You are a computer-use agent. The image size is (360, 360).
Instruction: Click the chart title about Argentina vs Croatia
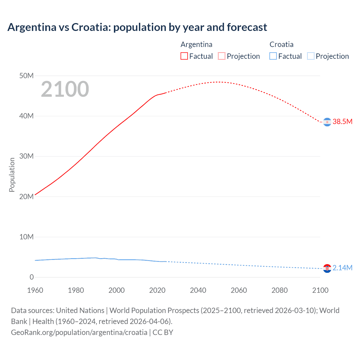pyautogui.click(x=137, y=27)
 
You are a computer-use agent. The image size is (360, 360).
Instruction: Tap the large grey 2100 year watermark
pyautogui.click(x=65, y=89)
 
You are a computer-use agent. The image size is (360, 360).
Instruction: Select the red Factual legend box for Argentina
pyautogui.click(x=184, y=56)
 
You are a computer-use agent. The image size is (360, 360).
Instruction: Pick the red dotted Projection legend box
pyautogui.click(x=222, y=56)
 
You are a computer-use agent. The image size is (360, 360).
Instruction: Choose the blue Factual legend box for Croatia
pyautogui.click(x=273, y=56)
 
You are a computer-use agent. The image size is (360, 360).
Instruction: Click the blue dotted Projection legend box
pyautogui.click(x=311, y=56)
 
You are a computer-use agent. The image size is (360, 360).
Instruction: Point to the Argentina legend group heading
pyautogui.click(x=196, y=44)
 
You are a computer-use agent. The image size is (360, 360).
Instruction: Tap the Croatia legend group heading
pyautogui.click(x=281, y=44)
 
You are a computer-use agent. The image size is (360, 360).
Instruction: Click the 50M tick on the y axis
pyautogui.click(x=26, y=76)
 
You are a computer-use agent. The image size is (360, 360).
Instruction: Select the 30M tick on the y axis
pyautogui.click(x=26, y=156)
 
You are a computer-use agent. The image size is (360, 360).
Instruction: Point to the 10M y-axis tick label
pyautogui.click(x=26, y=237)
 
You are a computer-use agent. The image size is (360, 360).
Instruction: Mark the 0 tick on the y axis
pyautogui.click(x=31, y=277)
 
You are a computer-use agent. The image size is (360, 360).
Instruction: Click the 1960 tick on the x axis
pyautogui.click(x=35, y=290)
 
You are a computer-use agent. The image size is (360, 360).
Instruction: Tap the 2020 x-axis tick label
pyautogui.click(x=157, y=290)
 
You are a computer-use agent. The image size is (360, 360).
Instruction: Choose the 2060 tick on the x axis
pyautogui.click(x=239, y=290)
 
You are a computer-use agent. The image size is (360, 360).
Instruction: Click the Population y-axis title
pyautogui.click(x=12, y=175)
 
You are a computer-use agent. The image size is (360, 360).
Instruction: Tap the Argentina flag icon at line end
pyautogui.click(x=327, y=122)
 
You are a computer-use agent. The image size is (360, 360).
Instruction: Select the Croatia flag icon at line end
pyautogui.click(x=327, y=268)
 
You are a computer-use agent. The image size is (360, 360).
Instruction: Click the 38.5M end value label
pyautogui.click(x=342, y=121)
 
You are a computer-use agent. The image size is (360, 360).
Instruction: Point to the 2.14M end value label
pyautogui.click(x=342, y=268)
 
